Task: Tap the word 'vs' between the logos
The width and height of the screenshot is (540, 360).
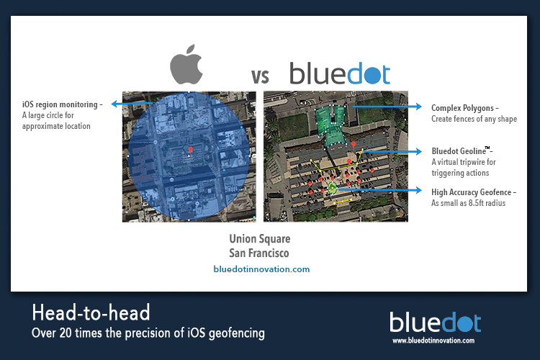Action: tap(260, 76)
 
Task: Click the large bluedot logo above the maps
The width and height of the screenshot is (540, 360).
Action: tap(340, 73)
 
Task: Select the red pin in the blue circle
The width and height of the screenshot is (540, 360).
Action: tap(191, 150)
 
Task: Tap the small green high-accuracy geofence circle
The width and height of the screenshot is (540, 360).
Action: tap(332, 188)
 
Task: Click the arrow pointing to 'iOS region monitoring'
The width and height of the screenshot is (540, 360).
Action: tap(132, 104)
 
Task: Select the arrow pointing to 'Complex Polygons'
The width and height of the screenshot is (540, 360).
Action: tap(387, 107)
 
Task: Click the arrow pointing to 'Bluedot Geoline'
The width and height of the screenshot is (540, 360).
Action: tap(392, 151)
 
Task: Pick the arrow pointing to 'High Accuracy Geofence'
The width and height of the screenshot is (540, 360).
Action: tap(379, 190)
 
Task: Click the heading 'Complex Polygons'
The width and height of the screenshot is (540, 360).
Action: tap(462, 108)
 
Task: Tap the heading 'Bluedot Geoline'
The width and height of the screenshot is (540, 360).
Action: tap(459, 151)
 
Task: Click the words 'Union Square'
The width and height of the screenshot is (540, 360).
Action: tap(260, 239)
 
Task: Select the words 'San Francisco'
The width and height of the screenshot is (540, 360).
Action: tap(259, 253)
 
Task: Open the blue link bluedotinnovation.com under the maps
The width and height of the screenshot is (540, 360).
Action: tap(261, 269)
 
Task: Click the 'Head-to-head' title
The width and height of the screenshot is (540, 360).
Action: tap(91, 312)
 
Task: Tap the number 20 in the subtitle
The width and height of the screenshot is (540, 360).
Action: tap(66, 333)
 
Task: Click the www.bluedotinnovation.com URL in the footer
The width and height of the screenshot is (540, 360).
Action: tap(433, 341)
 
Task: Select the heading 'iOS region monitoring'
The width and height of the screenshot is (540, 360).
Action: tap(60, 104)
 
